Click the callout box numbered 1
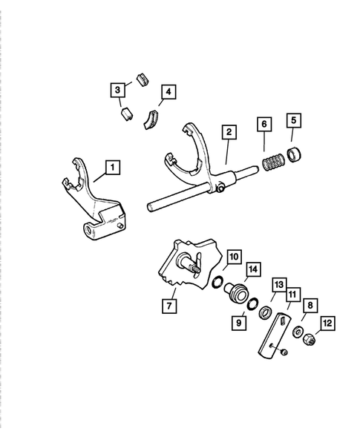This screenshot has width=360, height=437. coord(111,167)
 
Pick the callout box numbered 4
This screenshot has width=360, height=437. coord(168,93)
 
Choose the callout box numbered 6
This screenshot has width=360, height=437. coord(263,123)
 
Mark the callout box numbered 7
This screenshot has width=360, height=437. coord(170,305)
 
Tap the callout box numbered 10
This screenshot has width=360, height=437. coord(233,257)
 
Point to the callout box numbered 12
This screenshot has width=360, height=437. coord(327,323)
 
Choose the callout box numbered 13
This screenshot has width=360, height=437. coord(279,286)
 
